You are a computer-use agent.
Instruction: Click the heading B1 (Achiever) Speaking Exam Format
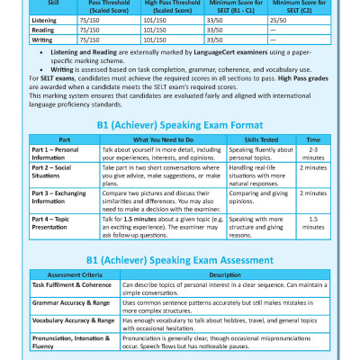pyautogui.click(x=179, y=126)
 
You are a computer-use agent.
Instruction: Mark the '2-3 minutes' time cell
pyautogui.click(x=312, y=155)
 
